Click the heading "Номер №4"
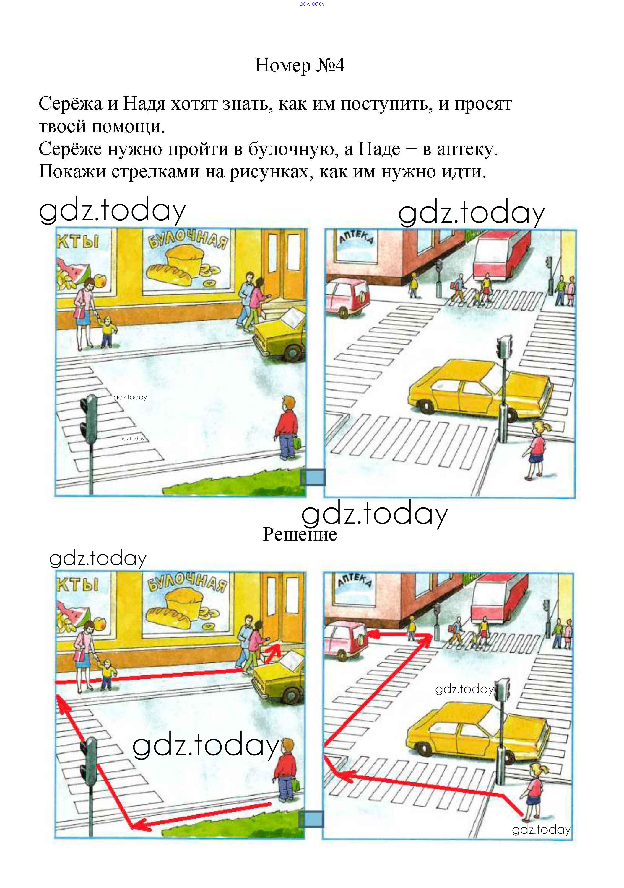coord(300,65)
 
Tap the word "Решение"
coord(300,534)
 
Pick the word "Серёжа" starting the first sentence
coord(70,104)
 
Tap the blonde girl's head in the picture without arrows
coord(539,428)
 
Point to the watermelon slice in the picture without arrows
coord(75,270)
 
